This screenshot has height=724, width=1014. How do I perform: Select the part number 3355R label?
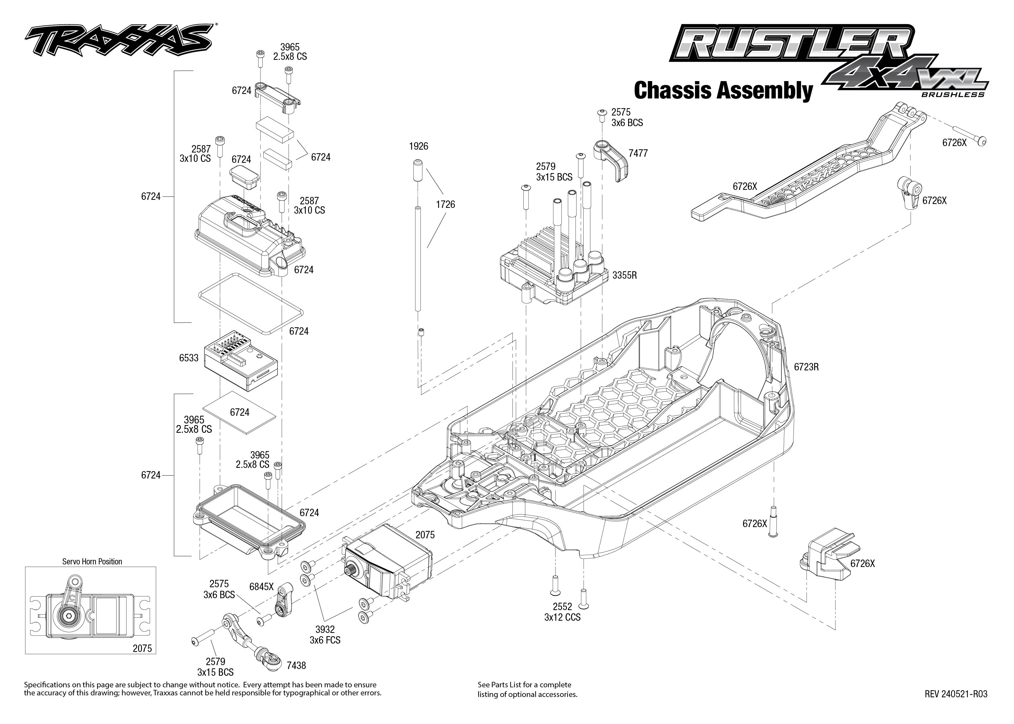click(x=624, y=275)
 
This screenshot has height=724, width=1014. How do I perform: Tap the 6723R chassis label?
click(x=806, y=367)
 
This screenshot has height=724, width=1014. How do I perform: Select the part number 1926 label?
click(x=418, y=146)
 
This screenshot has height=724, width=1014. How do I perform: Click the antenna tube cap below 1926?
click(x=418, y=169)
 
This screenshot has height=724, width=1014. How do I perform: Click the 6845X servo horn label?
click(x=261, y=587)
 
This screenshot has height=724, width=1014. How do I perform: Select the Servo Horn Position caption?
click(x=92, y=561)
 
